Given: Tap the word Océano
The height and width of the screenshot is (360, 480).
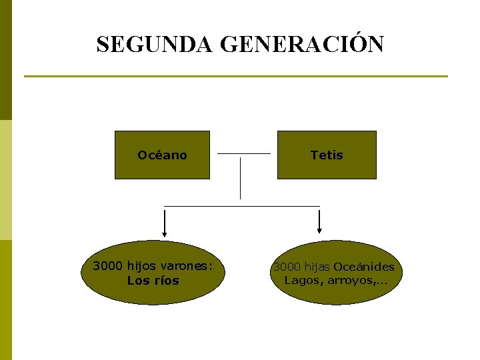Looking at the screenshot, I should coord(162,155).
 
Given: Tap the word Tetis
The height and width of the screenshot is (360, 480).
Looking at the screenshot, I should coord(327,155).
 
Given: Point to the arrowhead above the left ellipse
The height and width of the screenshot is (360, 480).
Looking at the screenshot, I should coord(165,233).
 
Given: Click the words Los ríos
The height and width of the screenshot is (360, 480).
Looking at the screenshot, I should coord(153,281).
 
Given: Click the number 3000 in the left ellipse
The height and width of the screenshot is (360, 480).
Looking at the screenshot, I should coord(108,266).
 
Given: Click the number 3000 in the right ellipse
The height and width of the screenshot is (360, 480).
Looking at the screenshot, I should coord(287,267).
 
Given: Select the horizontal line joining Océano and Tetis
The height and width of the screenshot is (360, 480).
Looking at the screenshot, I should coord(244,153).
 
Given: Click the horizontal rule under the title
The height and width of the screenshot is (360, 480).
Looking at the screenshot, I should coord(236,76).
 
